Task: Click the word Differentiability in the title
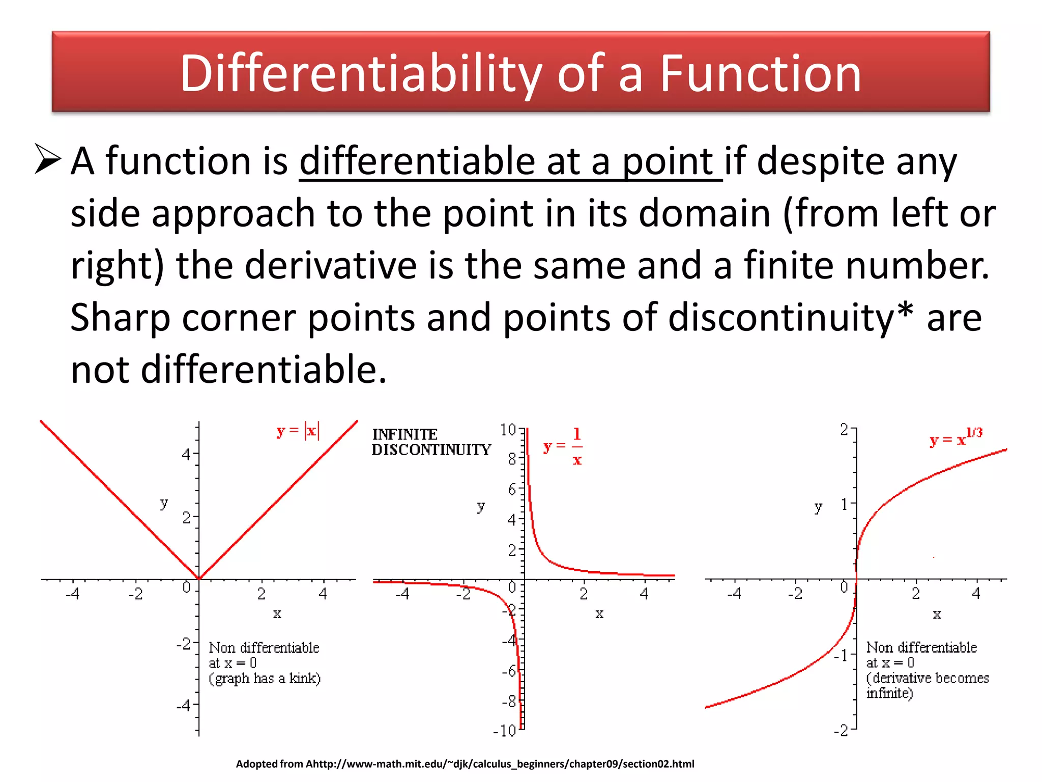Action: click(x=361, y=74)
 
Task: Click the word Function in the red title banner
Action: click(x=760, y=74)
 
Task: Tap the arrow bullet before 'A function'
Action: click(x=47, y=159)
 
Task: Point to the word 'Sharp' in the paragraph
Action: click(x=120, y=318)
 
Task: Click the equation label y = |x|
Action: click(x=298, y=431)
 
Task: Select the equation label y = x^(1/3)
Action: click(x=956, y=437)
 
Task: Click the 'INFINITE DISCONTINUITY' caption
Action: click(x=431, y=442)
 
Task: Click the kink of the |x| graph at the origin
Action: click(x=199, y=579)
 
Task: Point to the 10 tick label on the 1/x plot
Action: click(x=508, y=430)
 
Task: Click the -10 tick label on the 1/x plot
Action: click(x=505, y=731)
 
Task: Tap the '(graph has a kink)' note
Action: click(x=265, y=679)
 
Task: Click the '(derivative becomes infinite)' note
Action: click(x=927, y=685)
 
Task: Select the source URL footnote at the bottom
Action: click(x=465, y=764)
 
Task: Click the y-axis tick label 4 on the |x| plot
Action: click(x=186, y=454)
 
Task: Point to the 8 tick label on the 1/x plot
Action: click(x=512, y=459)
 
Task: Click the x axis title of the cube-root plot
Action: click(x=937, y=615)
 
